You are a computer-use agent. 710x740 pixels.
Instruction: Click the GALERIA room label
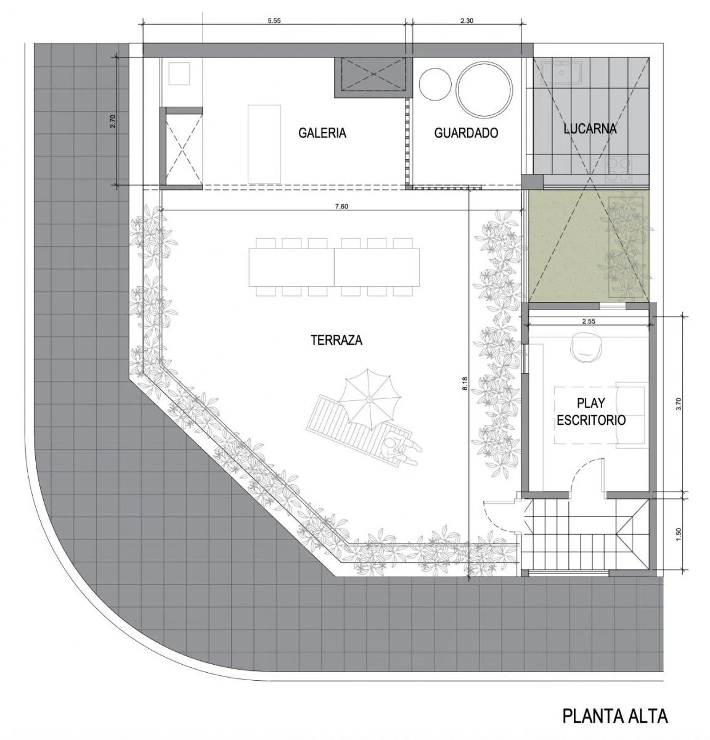tap(322, 133)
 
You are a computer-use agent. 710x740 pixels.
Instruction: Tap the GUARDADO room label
tap(466, 133)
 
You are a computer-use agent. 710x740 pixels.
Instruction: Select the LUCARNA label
tap(590, 129)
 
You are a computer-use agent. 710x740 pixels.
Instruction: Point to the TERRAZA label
tap(337, 340)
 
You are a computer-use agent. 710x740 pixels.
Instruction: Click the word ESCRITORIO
tap(591, 420)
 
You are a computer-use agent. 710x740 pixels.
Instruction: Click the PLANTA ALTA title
tap(615, 716)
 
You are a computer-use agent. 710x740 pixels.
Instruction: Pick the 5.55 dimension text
tap(274, 21)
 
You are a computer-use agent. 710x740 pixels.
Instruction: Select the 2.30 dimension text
tap(467, 21)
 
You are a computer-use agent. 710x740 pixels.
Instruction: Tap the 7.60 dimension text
tap(341, 207)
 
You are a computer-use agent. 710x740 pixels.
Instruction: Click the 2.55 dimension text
tap(589, 321)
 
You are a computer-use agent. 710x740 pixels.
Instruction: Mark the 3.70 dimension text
tap(679, 403)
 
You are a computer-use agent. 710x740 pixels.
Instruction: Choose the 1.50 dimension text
tap(679, 533)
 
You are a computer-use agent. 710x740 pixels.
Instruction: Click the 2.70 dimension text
tap(113, 121)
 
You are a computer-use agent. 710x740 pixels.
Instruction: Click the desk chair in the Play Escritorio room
tap(587, 347)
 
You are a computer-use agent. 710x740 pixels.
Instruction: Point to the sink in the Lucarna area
tap(561, 73)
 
